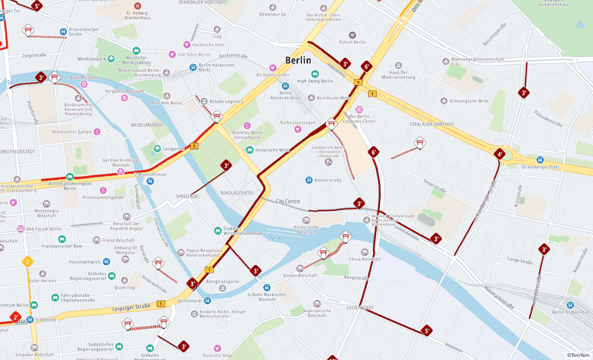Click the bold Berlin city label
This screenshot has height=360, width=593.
pyautogui.click(x=298, y=60)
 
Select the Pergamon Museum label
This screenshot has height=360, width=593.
pyautogui.click(x=124, y=91)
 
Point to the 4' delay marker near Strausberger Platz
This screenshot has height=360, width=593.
pyautogui.click(x=500, y=155)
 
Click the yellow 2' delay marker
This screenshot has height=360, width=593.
pyautogui.click(x=27, y=262)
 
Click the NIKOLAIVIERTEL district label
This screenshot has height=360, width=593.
pyautogui.click(x=237, y=192)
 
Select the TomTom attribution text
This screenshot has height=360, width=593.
pyautogui.click(x=577, y=354)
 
